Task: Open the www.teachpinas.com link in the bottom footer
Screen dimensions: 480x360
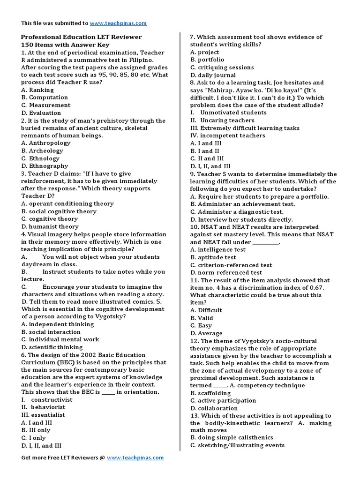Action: pyautogui.click(x=135, y=457)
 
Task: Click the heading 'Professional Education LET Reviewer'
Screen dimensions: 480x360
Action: pyautogui.click(x=82, y=37)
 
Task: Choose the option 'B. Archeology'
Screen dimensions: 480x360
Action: pyautogui.click(x=42, y=150)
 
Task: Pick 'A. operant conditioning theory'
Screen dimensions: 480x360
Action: pyautogui.click(x=67, y=203)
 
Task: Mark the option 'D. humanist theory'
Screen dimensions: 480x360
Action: pyautogui.click(x=50, y=226)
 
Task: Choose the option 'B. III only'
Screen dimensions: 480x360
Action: pyautogui.click(x=36, y=430)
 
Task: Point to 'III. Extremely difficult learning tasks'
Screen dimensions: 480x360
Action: pyautogui.click(x=245, y=128)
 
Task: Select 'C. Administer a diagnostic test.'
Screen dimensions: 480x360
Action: pyautogui.click(x=241, y=211)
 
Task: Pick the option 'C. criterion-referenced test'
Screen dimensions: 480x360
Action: pyautogui.click(x=231, y=265)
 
